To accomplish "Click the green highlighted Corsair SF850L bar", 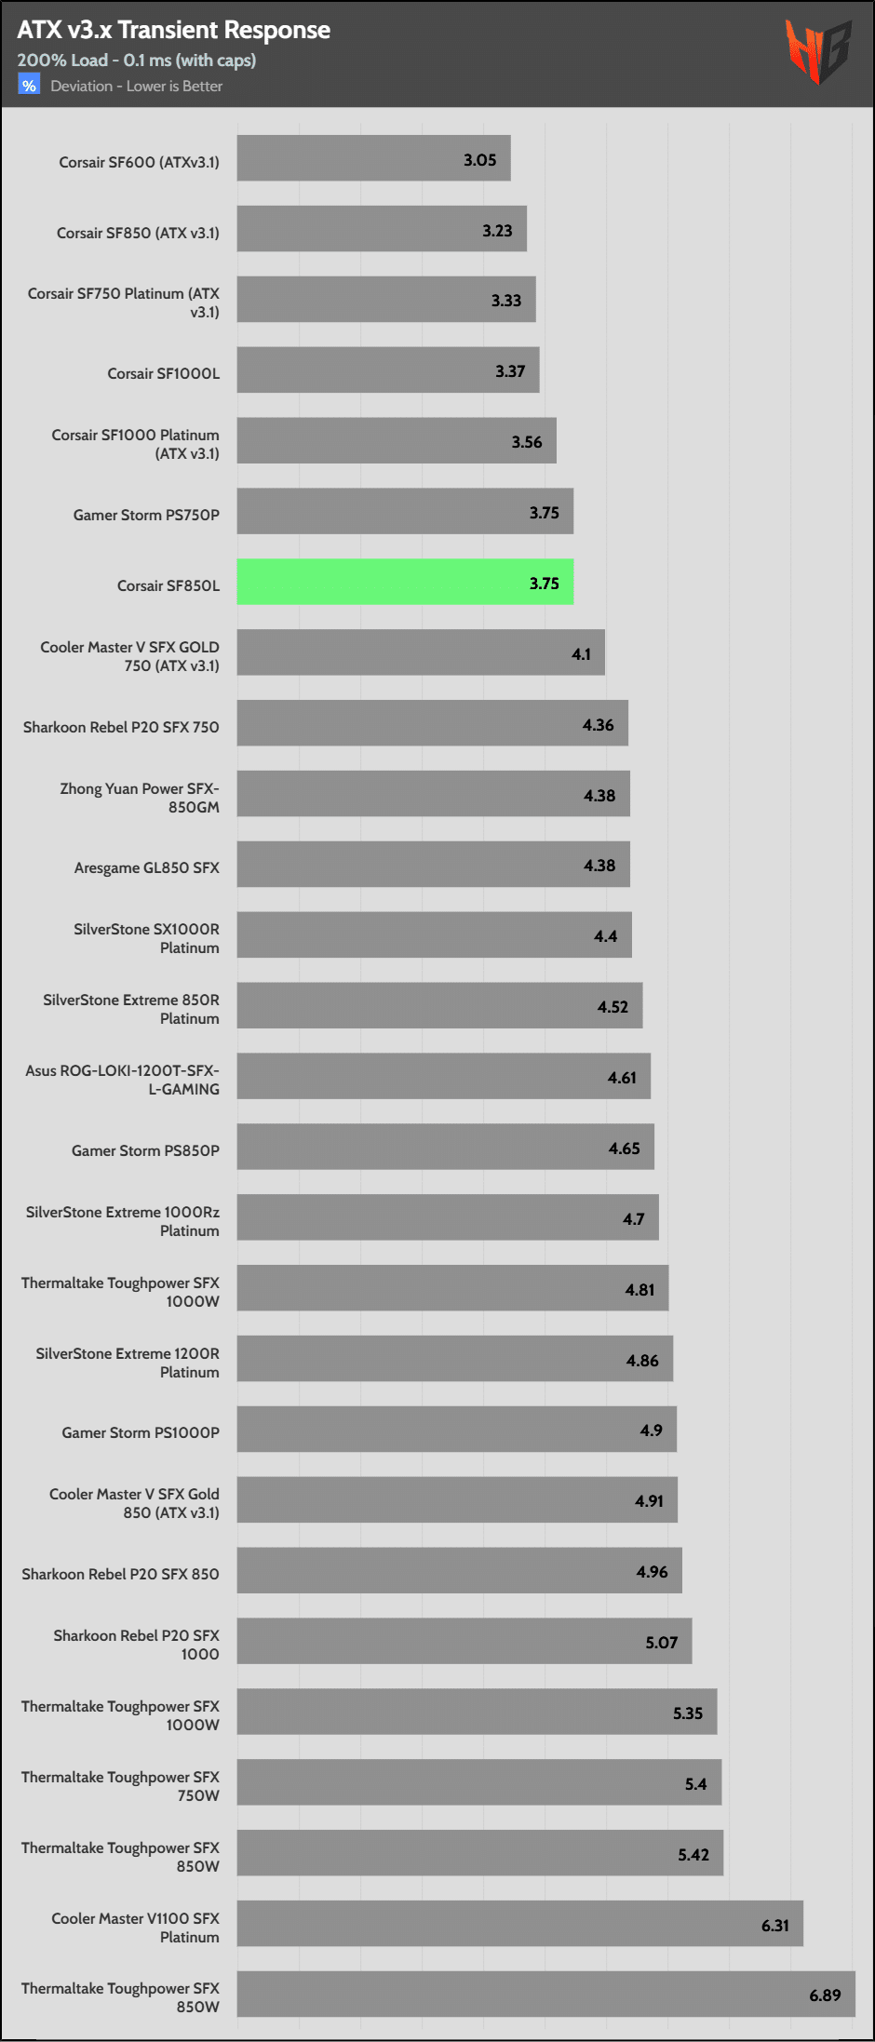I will pos(405,582).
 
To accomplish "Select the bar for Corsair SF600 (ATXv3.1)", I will pos(373,158).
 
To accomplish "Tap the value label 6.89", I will pos(825,1995).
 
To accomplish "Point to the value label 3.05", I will pos(480,160).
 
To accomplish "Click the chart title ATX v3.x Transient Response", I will pos(174,30).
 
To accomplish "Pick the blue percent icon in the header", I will pos(29,86).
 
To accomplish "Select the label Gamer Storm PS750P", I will pos(146,515).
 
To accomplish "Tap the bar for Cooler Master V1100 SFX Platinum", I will pos(519,1923).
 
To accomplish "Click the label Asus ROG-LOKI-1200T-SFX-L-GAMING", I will pos(123,1080).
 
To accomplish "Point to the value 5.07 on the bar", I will pos(662,1643).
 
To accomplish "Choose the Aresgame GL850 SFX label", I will pos(147,867).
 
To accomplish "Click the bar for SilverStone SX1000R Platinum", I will pos(434,934).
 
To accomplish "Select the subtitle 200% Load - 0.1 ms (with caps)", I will pos(137,60).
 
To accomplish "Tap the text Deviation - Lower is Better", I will pos(137,86).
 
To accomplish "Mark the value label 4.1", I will pos(582,654).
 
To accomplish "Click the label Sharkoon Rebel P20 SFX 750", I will pos(121,727).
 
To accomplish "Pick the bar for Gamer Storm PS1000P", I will pos(456,1429).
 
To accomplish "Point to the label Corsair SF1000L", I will pos(164,373).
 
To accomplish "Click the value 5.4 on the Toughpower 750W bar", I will pos(696,1784).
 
